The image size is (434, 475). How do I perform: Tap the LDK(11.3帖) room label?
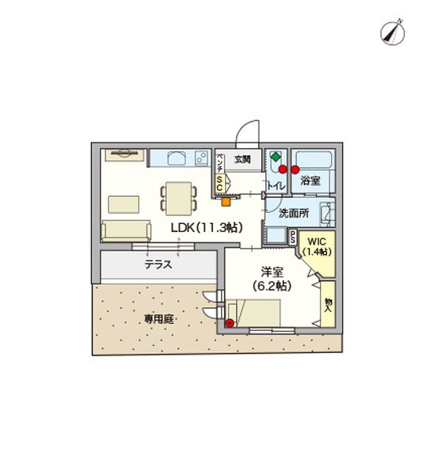point(207,227)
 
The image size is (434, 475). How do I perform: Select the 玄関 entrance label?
point(241,159)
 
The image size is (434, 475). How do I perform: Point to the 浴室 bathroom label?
point(310,181)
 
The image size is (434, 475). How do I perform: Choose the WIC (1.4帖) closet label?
point(318,245)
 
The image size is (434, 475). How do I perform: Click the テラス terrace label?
point(159,265)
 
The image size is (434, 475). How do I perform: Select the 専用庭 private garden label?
point(158,320)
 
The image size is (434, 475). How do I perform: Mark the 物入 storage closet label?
point(327,304)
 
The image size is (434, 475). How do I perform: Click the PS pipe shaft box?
point(292,235)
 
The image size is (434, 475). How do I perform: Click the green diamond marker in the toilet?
point(275,157)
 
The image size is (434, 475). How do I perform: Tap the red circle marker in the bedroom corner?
point(230,322)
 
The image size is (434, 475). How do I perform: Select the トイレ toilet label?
point(274,185)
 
